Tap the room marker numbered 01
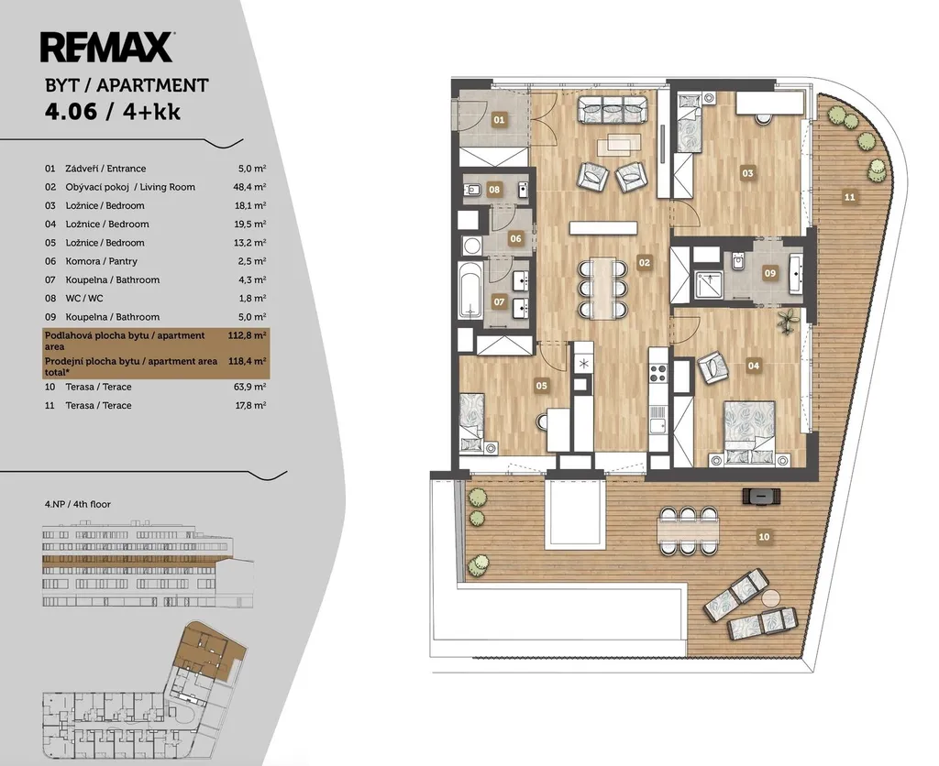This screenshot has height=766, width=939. click(x=499, y=120)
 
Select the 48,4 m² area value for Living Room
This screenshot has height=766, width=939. click(x=249, y=187)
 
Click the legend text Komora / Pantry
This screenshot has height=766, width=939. click(x=101, y=261)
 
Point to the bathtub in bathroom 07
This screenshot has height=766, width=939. click(x=470, y=289)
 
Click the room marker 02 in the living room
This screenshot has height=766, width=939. click(x=644, y=262)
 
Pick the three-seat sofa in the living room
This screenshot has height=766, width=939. click(x=613, y=110)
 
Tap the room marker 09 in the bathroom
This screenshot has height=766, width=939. click(x=770, y=273)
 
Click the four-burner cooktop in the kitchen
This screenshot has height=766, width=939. click(x=658, y=374)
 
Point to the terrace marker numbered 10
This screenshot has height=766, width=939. click(x=764, y=537)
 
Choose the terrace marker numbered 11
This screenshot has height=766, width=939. click(x=849, y=197)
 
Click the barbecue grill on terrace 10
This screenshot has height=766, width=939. click(x=761, y=496)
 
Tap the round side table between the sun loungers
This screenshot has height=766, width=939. click(x=771, y=597)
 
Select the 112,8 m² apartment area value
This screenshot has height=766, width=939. click(x=247, y=335)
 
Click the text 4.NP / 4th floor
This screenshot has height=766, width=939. click(x=78, y=504)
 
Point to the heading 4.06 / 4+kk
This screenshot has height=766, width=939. click(x=113, y=112)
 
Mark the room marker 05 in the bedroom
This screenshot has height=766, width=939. click(x=541, y=386)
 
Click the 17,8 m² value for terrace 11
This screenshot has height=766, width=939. click(x=250, y=405)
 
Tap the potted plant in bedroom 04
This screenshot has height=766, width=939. click(x=788, y=322)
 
